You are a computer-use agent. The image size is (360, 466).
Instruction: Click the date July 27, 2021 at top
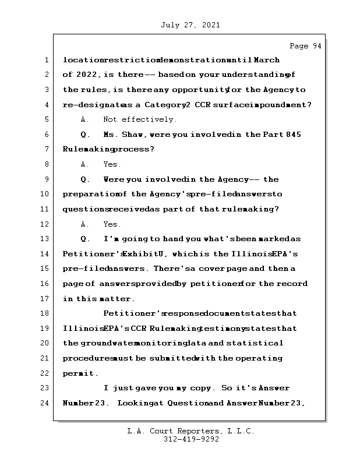(189, 25)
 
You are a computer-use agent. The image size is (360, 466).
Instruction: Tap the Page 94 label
(305, 46)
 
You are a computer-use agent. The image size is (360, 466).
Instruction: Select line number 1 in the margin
(45, 60)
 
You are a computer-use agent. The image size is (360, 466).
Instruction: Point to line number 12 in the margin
(44, 224)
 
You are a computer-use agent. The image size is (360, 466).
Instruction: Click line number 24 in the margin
(44, 403)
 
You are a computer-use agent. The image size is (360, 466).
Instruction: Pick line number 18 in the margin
(44, 313)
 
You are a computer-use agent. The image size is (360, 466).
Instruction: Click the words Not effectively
(140, 119)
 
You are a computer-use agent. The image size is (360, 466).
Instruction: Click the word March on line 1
(266, 60)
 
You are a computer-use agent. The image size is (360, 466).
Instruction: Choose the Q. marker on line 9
(86, 179)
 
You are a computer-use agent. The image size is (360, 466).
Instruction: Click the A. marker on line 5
(85, 119)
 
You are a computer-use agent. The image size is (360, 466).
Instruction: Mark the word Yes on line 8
(112, 164)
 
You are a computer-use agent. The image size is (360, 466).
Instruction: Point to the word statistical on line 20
(258, 344)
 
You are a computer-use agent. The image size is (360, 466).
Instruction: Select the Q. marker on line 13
(86, 239)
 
